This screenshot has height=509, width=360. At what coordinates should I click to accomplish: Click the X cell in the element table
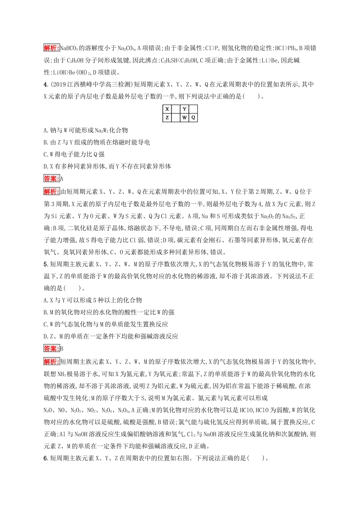[167, 109]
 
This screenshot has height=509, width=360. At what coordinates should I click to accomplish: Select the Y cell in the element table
[184, 109]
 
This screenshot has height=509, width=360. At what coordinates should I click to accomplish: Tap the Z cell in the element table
[167, 118]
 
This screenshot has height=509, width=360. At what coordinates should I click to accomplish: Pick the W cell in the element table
[184, 118]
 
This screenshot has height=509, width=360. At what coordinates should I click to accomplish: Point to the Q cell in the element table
[193, 118]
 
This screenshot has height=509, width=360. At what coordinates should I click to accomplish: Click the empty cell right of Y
[193, 109]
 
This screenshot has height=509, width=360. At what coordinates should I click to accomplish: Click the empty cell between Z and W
[176, 118]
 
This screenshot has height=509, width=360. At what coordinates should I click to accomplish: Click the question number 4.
[46, 84]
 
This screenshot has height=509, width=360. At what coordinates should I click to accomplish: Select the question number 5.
[46, 264]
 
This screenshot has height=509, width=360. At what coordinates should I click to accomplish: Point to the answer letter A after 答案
[62, 179]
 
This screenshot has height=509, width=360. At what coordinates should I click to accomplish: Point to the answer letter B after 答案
[62, 349]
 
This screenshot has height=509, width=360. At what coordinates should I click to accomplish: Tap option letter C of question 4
[46, 155]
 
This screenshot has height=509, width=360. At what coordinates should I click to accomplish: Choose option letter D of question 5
[46, 336]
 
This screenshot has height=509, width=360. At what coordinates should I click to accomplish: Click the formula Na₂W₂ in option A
[101, 131]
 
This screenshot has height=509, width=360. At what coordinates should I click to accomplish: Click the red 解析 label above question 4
[52, 48]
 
